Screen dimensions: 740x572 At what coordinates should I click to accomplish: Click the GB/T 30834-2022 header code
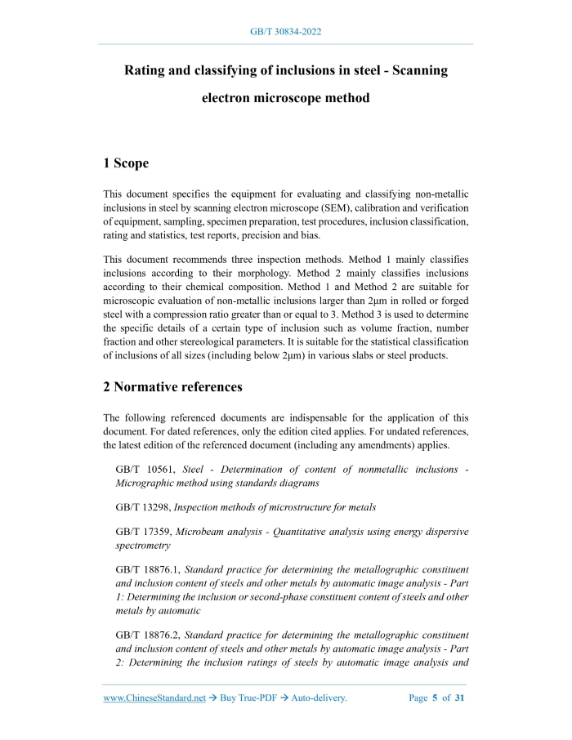(285, 32)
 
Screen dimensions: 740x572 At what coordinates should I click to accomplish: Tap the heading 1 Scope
(126, 163)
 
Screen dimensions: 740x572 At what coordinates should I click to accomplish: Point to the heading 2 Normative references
(172, 387)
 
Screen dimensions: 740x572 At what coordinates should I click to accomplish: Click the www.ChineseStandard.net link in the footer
(154, 698)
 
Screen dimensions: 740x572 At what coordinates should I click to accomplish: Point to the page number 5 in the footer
(436, 698)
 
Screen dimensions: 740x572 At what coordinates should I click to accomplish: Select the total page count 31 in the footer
(460, 698)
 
